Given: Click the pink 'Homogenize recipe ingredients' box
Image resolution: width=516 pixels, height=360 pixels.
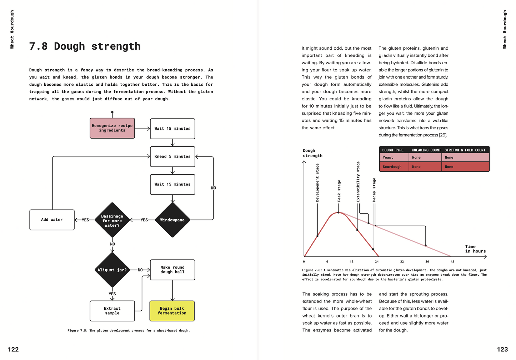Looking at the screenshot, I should (x=112, y=128).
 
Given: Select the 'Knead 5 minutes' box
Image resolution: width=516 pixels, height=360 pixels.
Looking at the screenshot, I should (x=172, y=156).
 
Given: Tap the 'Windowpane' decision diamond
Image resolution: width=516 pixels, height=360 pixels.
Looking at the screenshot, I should (x=172, y=220).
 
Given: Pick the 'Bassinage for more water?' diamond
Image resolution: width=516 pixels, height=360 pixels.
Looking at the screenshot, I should (x=112, y=220).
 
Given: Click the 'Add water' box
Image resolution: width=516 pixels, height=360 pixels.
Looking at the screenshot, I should (x=52, y=220).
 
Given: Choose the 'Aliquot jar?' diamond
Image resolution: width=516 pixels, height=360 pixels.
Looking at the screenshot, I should (x=112, y=270).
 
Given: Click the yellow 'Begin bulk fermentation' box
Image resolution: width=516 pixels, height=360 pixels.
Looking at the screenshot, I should (x=172, y=311).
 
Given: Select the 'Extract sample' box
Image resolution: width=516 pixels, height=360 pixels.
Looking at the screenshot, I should (x=112, y=311).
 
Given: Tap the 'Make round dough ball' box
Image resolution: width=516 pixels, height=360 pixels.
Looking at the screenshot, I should (x=172, y=270).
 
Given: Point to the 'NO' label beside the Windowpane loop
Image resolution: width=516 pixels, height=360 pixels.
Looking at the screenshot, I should (x=214, y=188).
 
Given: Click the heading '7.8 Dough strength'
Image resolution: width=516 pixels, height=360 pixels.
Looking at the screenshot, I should (x=85, y=46).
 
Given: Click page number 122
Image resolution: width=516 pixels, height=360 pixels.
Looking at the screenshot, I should (x=13, y=349).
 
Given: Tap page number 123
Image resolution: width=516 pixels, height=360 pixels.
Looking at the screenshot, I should (x=502, y=349).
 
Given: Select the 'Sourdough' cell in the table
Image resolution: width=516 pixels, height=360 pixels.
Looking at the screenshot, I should (x=392, y=167).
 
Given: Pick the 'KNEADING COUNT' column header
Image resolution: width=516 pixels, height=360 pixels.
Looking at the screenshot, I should (x=426, y=150).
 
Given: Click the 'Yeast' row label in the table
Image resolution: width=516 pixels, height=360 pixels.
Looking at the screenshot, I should (x=388, y=157).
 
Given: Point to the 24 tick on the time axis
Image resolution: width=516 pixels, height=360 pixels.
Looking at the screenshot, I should (x=377, y=261).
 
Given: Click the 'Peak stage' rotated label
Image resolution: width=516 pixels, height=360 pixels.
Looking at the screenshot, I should (x=339, y=191).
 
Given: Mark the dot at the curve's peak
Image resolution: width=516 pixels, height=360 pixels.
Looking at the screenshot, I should (x=338, y=212).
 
